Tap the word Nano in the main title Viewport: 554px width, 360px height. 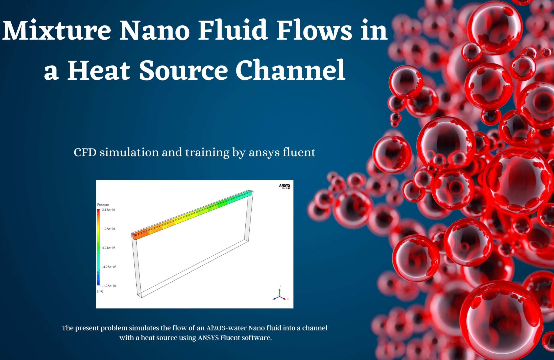tap(154, 31)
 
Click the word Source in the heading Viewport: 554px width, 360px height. tap(183, 71)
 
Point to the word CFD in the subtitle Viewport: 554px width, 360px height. tap(85, 153)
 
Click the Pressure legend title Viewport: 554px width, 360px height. tap(103, 205)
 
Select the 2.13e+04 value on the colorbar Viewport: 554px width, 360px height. tap(108, 210)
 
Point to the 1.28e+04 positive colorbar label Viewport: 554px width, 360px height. tap(108, 229)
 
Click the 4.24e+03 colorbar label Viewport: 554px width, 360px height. tap(108, 248)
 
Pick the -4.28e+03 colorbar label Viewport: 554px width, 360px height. tap(109, 267)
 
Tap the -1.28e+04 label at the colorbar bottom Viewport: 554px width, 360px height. tap(109, 286)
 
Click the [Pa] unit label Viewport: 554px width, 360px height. tap(100, 291)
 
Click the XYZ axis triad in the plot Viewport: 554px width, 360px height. tap(280, 295)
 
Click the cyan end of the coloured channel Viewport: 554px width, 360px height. tap(248, 193)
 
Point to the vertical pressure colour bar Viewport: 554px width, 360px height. tap(98, 247)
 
